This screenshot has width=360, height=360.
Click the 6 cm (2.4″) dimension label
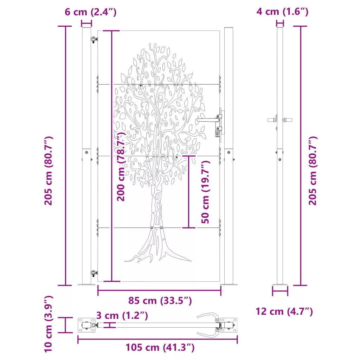click(x=90, y=12)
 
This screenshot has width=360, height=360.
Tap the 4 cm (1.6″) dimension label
click(x=282, y=12)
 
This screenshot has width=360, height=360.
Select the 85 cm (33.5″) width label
click(x=160, y=301)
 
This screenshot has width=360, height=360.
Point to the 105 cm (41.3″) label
click(x=160, y=347)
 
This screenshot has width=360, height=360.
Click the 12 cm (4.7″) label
click(x=284, y=311)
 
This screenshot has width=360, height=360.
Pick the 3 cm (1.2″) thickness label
click(x=122, y=315)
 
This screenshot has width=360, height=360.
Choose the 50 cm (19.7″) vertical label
click(x=205, y=192)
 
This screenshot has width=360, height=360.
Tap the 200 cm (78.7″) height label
click(x=121, y=166)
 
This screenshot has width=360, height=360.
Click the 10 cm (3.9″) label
click(x=49, y=324)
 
